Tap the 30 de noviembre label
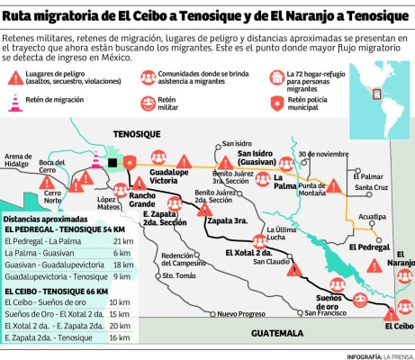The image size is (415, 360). (x=322, y=152)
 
